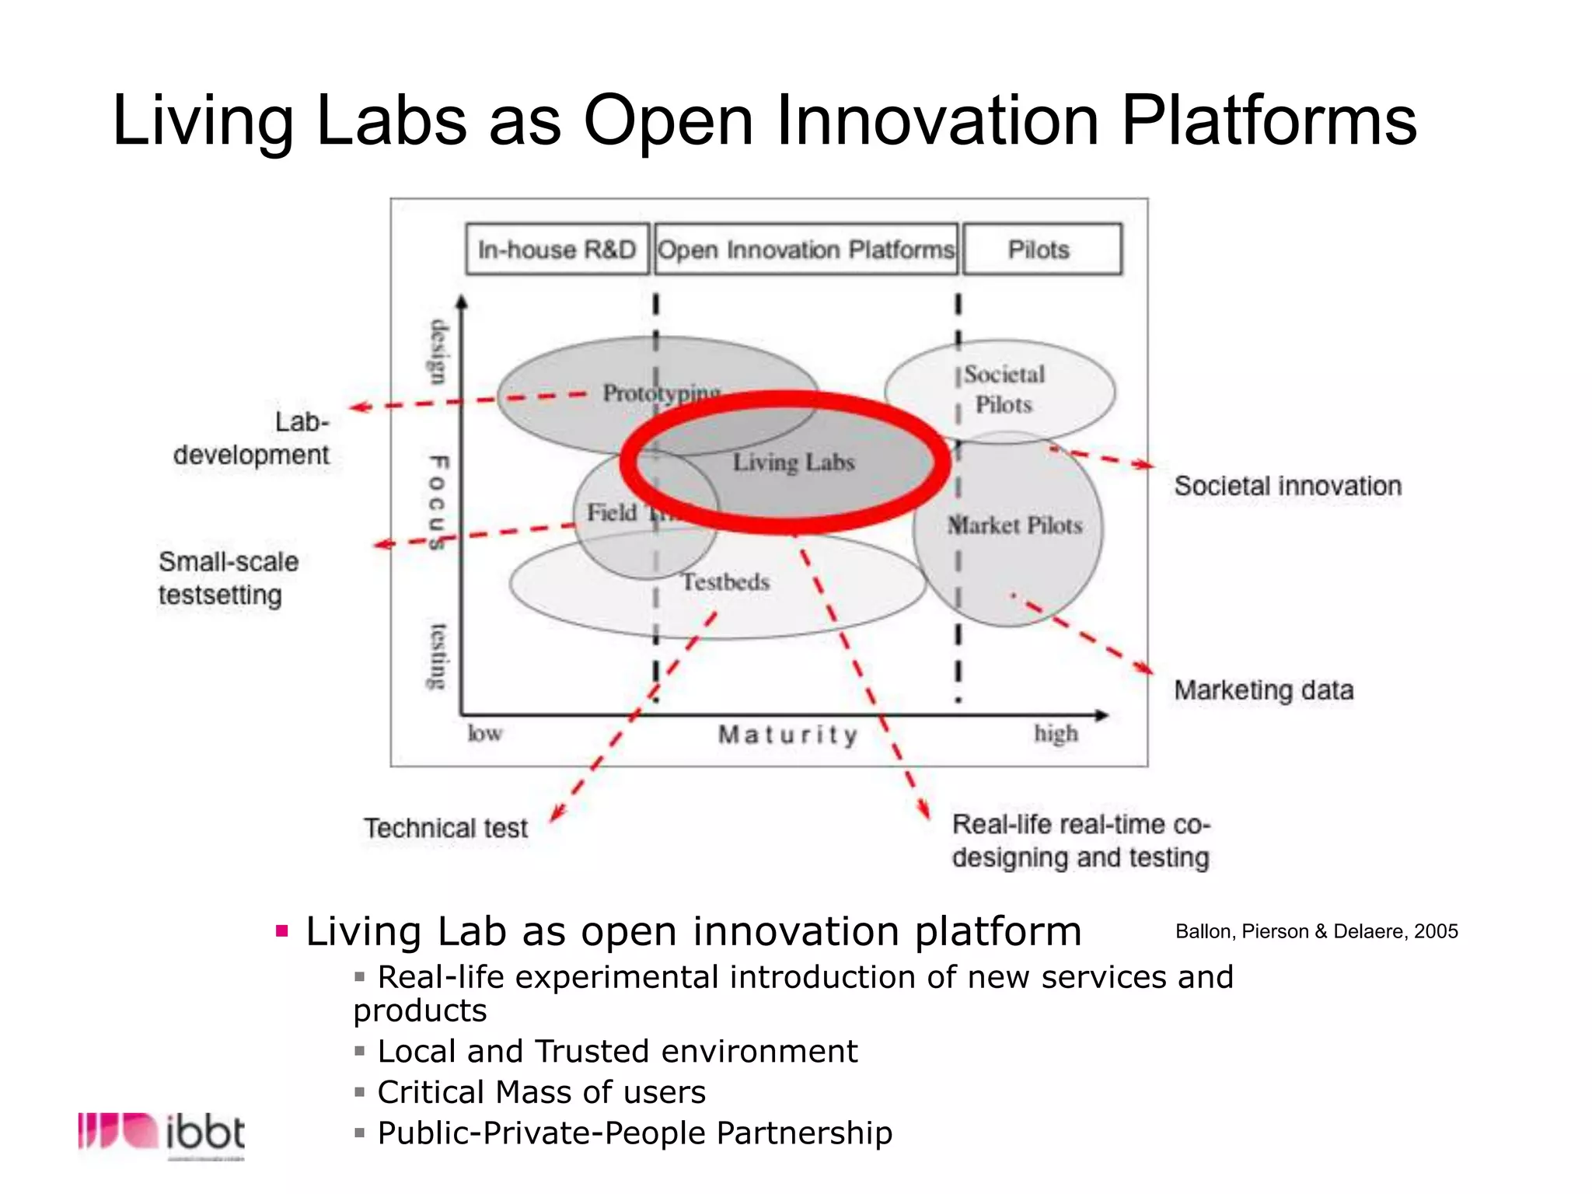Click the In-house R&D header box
[557, 250]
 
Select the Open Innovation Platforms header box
[806, 250]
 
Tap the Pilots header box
[1041, 250]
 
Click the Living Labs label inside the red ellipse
[794, 463]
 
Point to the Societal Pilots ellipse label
[1004, 389]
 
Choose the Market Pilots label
[1014, 525]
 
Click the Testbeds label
[725, 581]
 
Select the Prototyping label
[661, 393]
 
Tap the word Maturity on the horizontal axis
[787, 735]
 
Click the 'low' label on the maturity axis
[484, 733]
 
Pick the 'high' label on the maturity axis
[1056, 733]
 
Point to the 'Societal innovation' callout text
[1287, 486]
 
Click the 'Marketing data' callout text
[1264, 690]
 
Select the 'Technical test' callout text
[445, 828]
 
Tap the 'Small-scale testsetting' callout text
[228, 578]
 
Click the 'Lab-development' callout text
[251, 438]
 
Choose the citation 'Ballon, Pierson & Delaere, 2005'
[1316, 931]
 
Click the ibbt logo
[162, 1133]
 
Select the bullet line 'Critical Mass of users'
[541, 1092]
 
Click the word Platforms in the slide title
[1269, 120]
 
